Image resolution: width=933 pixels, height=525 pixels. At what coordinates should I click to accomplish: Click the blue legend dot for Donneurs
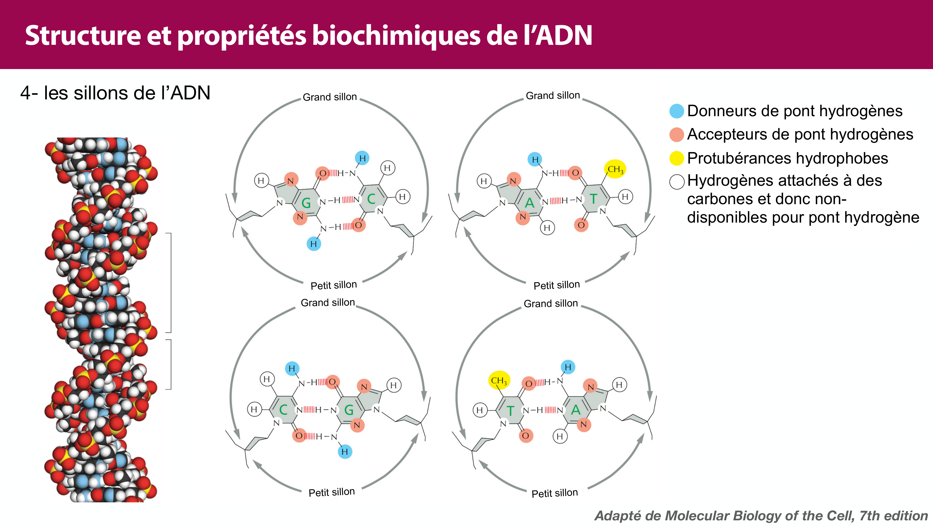tap(676, 111)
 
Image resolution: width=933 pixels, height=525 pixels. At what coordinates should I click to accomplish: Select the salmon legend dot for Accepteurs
tap(676, 134)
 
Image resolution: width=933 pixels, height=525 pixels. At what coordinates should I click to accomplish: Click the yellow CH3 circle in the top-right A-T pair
tap(615, 169)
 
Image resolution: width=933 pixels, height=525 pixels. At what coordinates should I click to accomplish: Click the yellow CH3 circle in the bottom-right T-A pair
tap(499, 380)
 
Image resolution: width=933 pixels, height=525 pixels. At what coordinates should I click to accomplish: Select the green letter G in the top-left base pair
tap(306, 203)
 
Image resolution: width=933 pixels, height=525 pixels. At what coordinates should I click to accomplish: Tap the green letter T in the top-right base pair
tap(593, 199)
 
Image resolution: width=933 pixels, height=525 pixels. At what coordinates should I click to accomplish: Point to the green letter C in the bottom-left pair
tap(283, 410)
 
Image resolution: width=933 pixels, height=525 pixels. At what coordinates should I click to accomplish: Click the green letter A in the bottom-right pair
tap(575, 410)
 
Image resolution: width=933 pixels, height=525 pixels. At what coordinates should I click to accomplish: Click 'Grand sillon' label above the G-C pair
tap(330, 97)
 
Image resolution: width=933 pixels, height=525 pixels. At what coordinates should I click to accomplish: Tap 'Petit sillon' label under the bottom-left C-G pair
tap(331, 492)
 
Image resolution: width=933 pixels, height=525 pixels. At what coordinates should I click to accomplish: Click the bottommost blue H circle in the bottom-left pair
tap(345, 451)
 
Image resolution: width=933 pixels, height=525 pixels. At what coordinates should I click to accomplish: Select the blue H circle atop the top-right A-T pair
tap(535, 159)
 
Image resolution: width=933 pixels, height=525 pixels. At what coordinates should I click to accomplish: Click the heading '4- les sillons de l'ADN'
tap(115, 93)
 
